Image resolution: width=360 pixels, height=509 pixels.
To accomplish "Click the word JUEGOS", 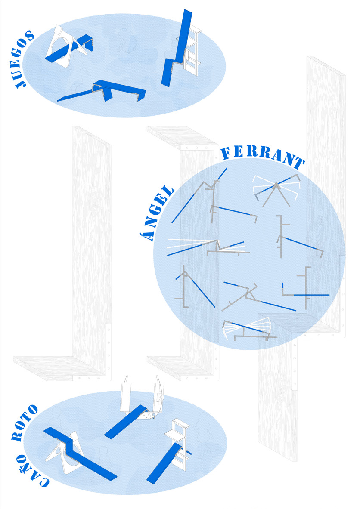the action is click(x=25, y=59).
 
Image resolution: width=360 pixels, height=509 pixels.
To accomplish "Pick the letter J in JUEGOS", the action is click(x=22, y=83).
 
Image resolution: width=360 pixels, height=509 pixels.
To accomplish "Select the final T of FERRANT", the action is click(x=298, y=163).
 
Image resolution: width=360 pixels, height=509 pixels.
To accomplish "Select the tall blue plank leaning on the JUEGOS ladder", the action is click(x=177, y=48).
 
